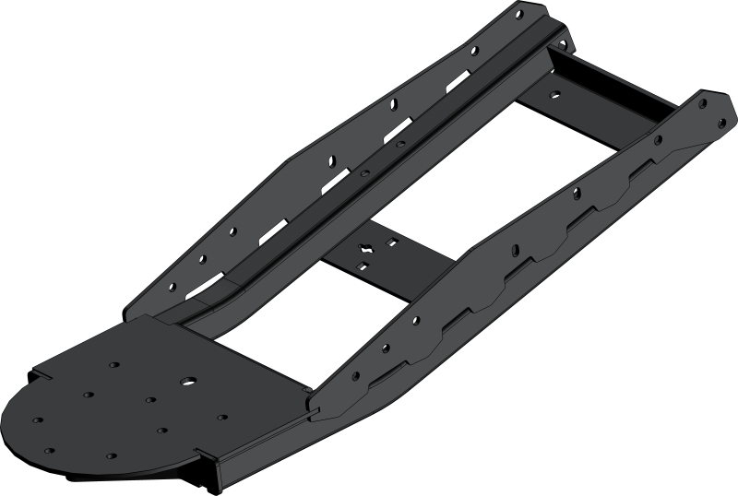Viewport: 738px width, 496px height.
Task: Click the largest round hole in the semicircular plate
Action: click(187, 381)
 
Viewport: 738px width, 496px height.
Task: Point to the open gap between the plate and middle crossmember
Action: click(295, 323)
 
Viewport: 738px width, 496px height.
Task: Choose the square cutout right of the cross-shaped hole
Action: click(393, 242)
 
